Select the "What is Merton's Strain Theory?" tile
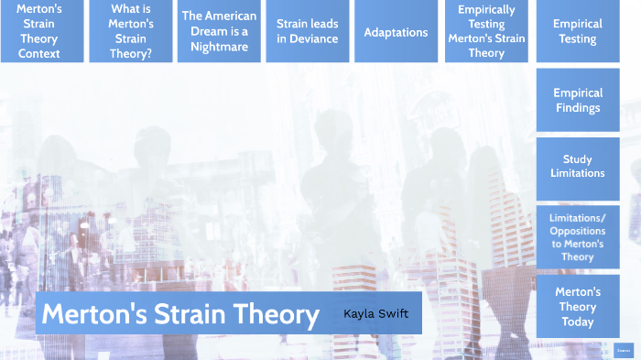[131, 31]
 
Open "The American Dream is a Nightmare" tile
[219, 31]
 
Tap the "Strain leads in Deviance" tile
[308, 31]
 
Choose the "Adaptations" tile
[396, 32]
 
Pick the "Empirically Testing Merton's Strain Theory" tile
[486, 31]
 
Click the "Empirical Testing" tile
[578, 31]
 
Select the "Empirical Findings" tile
[578, 100]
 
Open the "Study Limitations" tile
[578, 166]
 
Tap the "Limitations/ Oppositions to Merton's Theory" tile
[578, 237]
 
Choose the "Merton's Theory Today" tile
[578, 307]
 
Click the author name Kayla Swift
[375, 314]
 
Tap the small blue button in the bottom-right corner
[623, 350]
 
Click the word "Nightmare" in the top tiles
[219, 46]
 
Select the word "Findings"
[578, 108]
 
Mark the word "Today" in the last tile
[578, 322]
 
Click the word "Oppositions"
[578, 231]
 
